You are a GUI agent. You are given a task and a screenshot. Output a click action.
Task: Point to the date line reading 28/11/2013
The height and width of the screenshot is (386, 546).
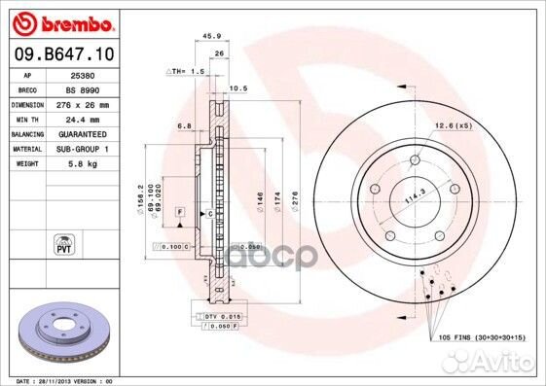pos(60,380)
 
